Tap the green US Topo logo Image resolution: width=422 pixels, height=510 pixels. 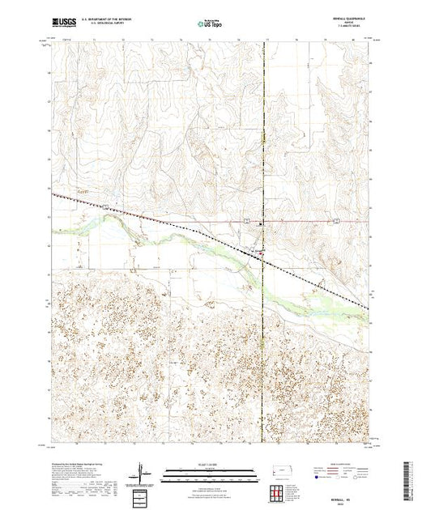click(210, 24)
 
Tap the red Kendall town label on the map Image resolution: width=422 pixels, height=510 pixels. click(260, 252)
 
